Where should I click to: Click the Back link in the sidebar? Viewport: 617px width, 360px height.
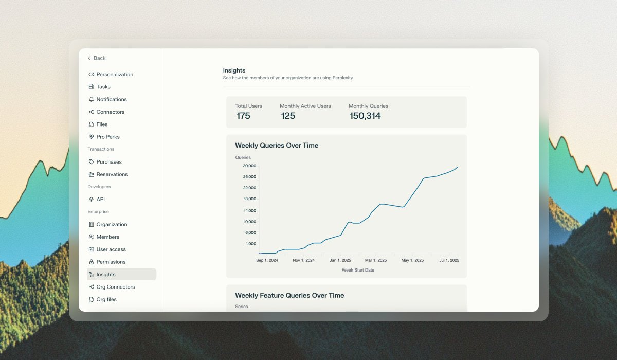pyautogui.click(x=97, y=58)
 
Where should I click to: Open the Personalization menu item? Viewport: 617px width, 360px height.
pyautogui.click(x=114, y=75)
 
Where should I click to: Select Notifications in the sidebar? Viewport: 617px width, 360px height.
pyautogui.click(x=111, y=99)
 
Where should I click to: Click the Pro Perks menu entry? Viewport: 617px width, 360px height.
pyautogui.click(x=107, y=137)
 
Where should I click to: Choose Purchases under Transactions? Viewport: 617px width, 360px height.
pyautogui.click(x=108, y=162)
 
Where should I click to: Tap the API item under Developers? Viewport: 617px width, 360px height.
pyautogui.click(x=100, y=200)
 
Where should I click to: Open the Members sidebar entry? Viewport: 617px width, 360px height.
pyautogui.click(x=107, y=237)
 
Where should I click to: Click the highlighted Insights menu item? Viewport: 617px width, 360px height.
pyautogui.click(x=106, y=275)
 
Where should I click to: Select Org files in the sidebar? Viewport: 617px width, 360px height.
pyautogui.click(x=106, y=299)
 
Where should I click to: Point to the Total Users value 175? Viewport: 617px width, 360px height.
pyautogui.click(x=243, y=116)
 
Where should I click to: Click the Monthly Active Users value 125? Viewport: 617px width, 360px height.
pyautogui.click(x=288, y=116)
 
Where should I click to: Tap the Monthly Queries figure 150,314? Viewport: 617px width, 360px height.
pyautogui.click(x=365, y=116)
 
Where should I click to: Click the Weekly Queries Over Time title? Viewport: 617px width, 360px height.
pyautogui.click(x=277, y=146)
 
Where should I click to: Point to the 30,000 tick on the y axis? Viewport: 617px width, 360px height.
pyautogui.click(x=249, y=166)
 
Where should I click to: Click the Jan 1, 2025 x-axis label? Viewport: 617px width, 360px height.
pyautogui.click(x=340, y=260)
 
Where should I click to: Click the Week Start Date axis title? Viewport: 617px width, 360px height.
pyautogui.click(x=358, y=270)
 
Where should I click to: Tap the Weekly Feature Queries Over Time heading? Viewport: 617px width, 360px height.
pyautogui.click(x=289, y=296)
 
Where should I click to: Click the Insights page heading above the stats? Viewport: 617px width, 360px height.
pyautogui.click(x=234, y=70)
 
